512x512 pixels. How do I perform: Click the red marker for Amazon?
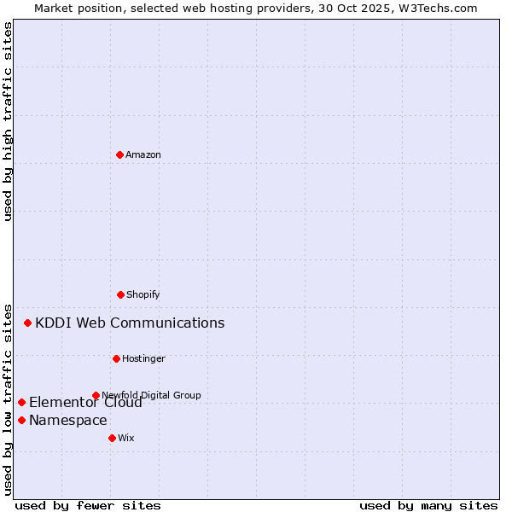pyautogui.click(x=119, y=154)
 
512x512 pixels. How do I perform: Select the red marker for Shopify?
pyautogui.click(x=120, y=294)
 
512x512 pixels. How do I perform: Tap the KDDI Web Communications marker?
pyautogui.click(x=28, y=323)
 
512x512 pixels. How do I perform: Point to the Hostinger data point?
pyautogui.click(x=116, y=358)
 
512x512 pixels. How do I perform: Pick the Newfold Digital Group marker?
pyautogui.click(x=96, y=395)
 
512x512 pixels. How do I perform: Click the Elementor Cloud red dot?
pyautogui.click(x=21, y=402)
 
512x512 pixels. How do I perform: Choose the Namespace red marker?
pyautogui.click(x=21, y=420)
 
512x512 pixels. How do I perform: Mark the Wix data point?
pyautogui.click(x=112, y=438)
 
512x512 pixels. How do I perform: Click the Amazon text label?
pyautogui.click(x=143, y=154)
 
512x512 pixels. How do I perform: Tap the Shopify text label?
pyautogui.click(x=143, y=294)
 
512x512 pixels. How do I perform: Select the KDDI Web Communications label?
pyautogui.click(x=130, y=323)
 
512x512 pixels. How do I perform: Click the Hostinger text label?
pyautogui.click(x=143, y=358)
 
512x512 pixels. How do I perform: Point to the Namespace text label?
pyautogui.click(x=68, y=420)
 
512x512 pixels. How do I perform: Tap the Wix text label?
pyautogui.click(x=126, y=438)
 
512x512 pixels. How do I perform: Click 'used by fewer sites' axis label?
pyautogui.click(x=88, y=505)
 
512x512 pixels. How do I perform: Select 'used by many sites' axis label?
pyautogui.click(x=428, y=505)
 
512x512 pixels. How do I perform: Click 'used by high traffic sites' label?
pyautogui.click(x=9, y=121)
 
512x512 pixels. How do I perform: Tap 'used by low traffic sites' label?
pyautogui.click(x=9, y=399)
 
